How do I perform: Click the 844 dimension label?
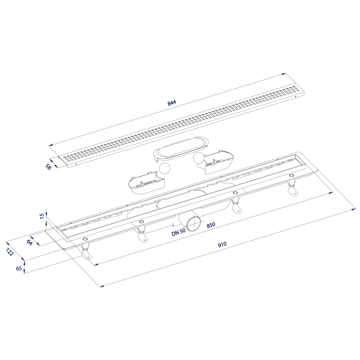(x=172, y=103)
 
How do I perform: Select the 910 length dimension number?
(x=222, y=244)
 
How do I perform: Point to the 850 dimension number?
(x=211, y=225)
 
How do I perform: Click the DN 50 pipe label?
(x=178, y=233)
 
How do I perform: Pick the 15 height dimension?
(x=42, y=216)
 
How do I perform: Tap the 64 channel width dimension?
(x=29, y=242)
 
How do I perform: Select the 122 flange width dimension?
(x=10, y=252)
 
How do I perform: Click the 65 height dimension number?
(x=19, y=268)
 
